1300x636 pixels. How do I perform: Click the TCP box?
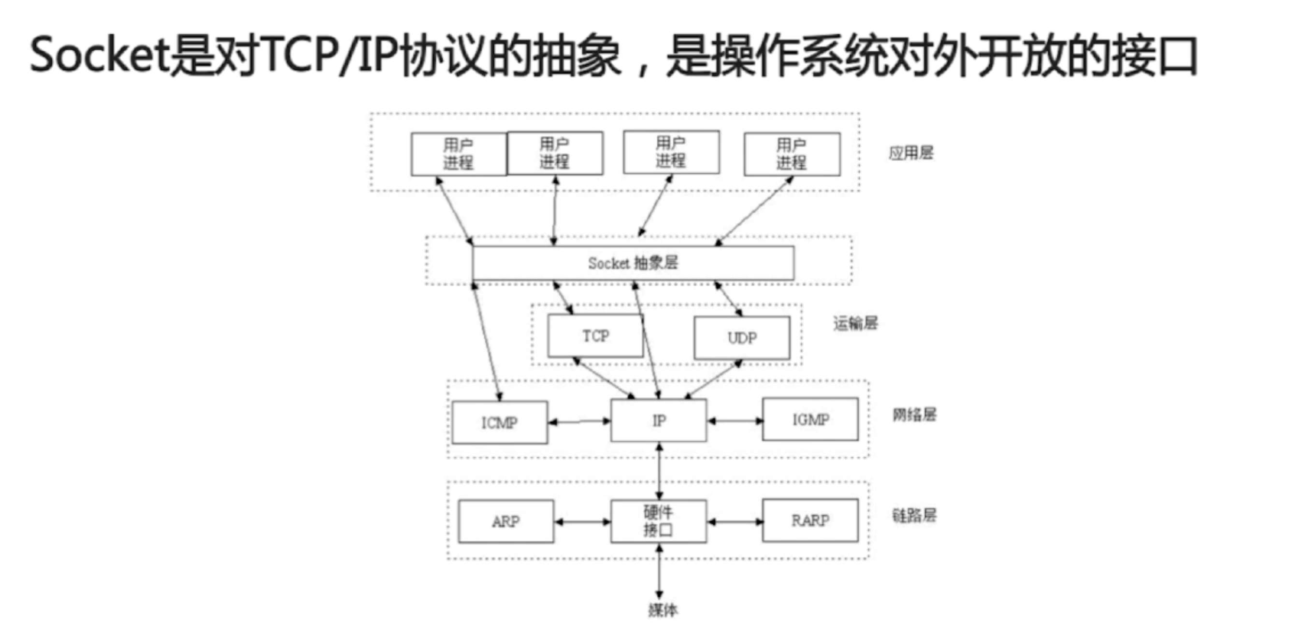(x=595, y=336)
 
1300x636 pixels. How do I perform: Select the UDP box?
(x=742, y=338)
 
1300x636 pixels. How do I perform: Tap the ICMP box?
(x=500, y=422)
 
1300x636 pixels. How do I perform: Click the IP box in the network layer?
(x=659, y=420)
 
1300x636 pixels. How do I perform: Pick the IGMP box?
(x=810, y=419)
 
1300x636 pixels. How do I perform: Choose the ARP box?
(x=506, y=521)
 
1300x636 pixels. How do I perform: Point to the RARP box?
(x=810, y=520)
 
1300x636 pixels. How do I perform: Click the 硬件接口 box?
(x=659, y=521)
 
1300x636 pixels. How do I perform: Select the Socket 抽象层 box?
(x=633, y=263)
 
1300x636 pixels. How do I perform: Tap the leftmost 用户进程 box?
(x=458, y=154)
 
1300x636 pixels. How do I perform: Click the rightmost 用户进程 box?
(x=792, y=154)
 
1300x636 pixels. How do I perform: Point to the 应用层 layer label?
(x=911, y=153)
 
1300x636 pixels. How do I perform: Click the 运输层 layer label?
(x=855, y=323)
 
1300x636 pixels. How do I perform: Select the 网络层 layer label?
(x=914, y=415)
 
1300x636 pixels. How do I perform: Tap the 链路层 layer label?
(x=914, y=515)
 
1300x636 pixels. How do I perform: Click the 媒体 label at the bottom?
(x=663, y=610)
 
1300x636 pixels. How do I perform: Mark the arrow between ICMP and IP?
(x=579, y=421)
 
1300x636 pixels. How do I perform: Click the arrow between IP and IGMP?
(x=735, y=420)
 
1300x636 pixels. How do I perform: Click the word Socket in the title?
(x=100, y=56)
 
